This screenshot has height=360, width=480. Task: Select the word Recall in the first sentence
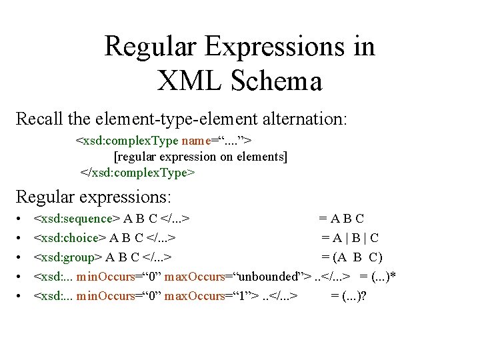tap(39, 120)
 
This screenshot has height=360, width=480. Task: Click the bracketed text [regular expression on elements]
tap(201, 157)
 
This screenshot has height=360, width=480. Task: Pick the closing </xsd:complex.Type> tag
tap(137, 173)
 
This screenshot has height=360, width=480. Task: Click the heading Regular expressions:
tap(93, 197)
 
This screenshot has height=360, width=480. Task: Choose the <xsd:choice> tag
tap(71, 238)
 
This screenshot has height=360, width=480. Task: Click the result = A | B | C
tap(351, 238)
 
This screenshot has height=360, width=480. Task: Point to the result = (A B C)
tap(352, 257)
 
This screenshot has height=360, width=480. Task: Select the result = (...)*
tap(378, 277)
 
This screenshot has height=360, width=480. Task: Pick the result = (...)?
tap(349, 295)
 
